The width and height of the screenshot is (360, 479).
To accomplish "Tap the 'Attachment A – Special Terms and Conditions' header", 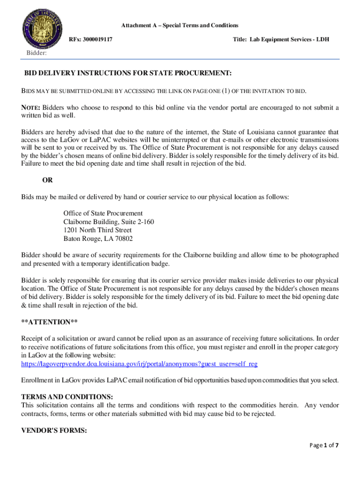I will click(180, 25).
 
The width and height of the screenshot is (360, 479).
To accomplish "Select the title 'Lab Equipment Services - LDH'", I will click(281, 39).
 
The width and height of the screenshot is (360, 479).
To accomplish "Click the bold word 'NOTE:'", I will click(31, 108).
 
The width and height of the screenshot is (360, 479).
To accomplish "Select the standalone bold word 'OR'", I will click(48, 180).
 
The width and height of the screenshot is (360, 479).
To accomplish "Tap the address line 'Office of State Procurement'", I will click(103, 213).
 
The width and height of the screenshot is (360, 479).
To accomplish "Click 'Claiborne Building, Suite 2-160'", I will click(108, 222).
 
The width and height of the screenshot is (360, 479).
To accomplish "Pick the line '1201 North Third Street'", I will click(97, 230).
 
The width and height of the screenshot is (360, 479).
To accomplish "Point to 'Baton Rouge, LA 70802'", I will click(98, 239).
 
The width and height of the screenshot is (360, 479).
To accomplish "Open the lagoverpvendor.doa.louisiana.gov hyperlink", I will click(139, 363).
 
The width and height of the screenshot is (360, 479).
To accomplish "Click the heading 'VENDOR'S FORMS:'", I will click(54, 431).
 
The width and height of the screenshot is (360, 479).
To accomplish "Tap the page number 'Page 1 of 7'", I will click(324, 458).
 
